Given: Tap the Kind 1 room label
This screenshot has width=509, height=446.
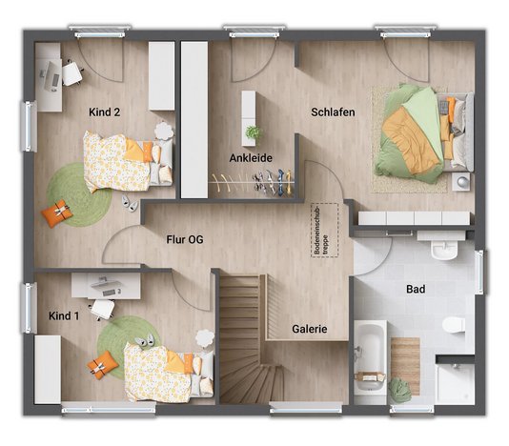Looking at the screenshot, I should tap(65, 314).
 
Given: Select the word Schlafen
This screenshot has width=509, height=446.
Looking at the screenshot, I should tap(333, 112).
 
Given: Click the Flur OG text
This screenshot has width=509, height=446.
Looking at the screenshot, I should tap(184, 239).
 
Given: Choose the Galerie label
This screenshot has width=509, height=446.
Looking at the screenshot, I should tap(309, 329).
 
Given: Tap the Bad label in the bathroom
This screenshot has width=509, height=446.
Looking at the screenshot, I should tap(415, 288).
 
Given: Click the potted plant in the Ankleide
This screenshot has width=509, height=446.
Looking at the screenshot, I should tap(252, 132).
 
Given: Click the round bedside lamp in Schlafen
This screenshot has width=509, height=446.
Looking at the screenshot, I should tap(463, 181).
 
